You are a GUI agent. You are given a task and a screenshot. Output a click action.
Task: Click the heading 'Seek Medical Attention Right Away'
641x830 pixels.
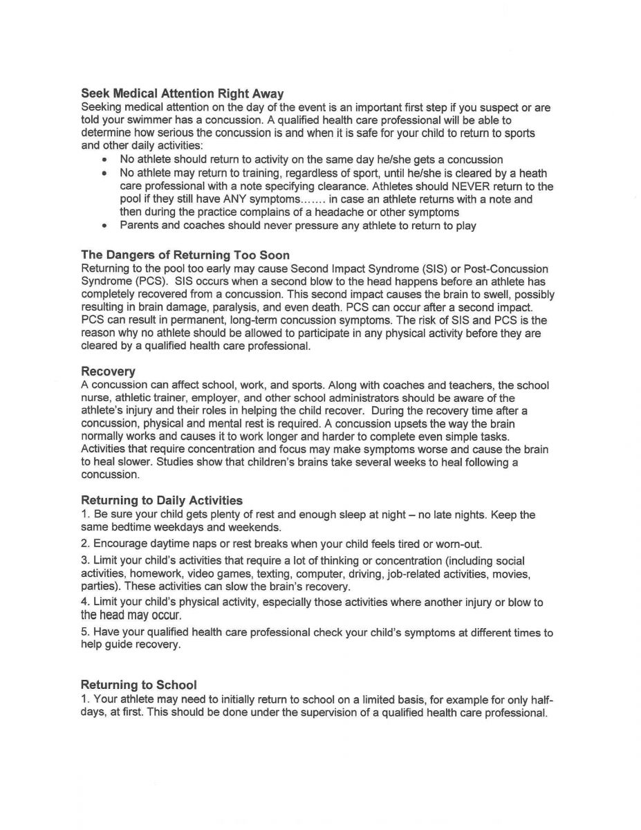click(x=183, y=93)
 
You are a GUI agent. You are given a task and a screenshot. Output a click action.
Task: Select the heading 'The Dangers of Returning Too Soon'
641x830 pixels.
click(x=185, y=255)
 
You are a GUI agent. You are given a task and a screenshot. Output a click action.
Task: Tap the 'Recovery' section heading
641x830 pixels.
click(x=108, y=371)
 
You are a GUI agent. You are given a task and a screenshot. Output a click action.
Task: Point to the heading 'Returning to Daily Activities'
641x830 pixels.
click(x=162, y=499)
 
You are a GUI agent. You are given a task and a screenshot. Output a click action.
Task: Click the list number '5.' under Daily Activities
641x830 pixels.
click(x=86, y=632)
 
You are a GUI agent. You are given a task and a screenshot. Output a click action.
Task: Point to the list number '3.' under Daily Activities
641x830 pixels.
click(x=86, y=560)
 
